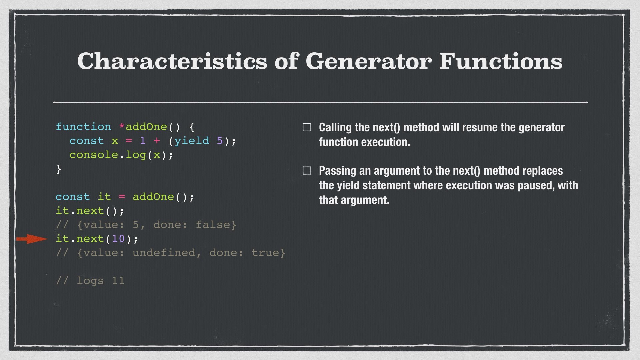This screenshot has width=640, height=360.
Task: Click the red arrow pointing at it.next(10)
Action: click(32, 239)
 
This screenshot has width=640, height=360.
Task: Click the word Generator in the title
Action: click(368, 61)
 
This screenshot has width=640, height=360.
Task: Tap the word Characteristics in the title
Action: click(172, 61)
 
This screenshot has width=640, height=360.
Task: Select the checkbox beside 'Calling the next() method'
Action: click(307, 127)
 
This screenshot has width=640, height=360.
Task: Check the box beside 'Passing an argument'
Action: click(307, 171)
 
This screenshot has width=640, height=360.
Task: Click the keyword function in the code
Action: click(83, 127)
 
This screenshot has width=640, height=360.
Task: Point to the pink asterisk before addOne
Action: click(122, 127)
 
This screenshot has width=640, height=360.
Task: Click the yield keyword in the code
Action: click(192, 141)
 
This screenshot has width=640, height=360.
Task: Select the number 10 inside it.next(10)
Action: click(118, 239)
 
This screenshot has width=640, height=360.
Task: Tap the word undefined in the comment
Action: click(164, 253)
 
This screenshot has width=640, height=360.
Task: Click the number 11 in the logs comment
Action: click(118, 281)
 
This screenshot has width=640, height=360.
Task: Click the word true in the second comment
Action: click(265, 253)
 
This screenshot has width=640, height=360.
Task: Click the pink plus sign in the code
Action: click(157, 141)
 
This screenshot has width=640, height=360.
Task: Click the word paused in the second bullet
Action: click(535, 185)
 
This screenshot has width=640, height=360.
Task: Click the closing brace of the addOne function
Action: click(59, 169)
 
